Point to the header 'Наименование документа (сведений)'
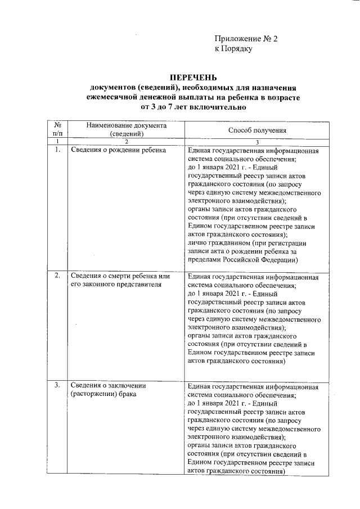(127, 130)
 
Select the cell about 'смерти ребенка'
(119, 281)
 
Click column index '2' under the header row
(127, 143)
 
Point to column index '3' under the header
(257, 143)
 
